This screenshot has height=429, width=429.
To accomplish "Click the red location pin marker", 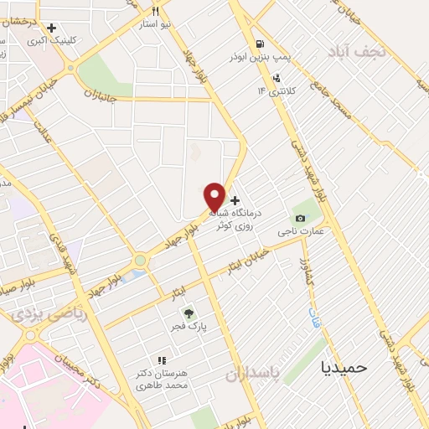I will tap(215, 198).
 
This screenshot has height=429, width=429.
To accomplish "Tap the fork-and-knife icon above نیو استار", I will tap(155, 11).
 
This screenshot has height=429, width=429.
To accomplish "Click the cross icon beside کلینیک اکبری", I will tap(52, 28).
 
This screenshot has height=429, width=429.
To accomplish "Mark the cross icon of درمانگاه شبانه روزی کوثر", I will tap(235, 200).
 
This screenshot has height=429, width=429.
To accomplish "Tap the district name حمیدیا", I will tap(346, 366).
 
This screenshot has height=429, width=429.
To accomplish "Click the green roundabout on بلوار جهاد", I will tap(140, 261).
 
